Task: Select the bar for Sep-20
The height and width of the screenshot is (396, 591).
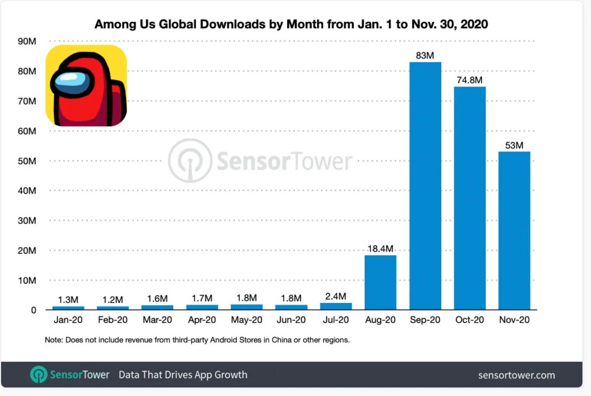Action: tap(425, 186)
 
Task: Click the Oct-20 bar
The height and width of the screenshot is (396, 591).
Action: tap(470, 198)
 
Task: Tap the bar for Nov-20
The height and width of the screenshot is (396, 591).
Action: tap(514, 231)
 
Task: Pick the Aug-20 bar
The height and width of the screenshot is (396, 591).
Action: tap(380, 282)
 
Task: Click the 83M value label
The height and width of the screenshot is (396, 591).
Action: tap(425, 55)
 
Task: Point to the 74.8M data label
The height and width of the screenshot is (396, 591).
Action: tap(470, 80)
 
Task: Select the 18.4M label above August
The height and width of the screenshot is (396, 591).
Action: tap(380, 248)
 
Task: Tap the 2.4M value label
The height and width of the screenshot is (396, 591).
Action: tap(336, 296)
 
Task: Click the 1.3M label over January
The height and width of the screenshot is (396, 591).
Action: tap(68, 299)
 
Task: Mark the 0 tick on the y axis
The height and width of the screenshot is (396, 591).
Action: tap(33, 310)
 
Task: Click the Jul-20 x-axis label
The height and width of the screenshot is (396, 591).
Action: tap(335, 321)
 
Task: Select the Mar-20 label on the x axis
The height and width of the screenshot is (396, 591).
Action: tap(157, 321)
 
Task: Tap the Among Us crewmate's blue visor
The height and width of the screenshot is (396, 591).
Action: tap(70, 81)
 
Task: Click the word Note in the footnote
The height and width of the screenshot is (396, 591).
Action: tap(53, 340)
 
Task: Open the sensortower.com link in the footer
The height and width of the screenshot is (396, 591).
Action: tap(516, 375)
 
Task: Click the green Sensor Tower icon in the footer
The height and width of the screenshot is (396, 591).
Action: tap(39, 375)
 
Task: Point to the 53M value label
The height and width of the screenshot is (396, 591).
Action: tap(514, 145)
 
